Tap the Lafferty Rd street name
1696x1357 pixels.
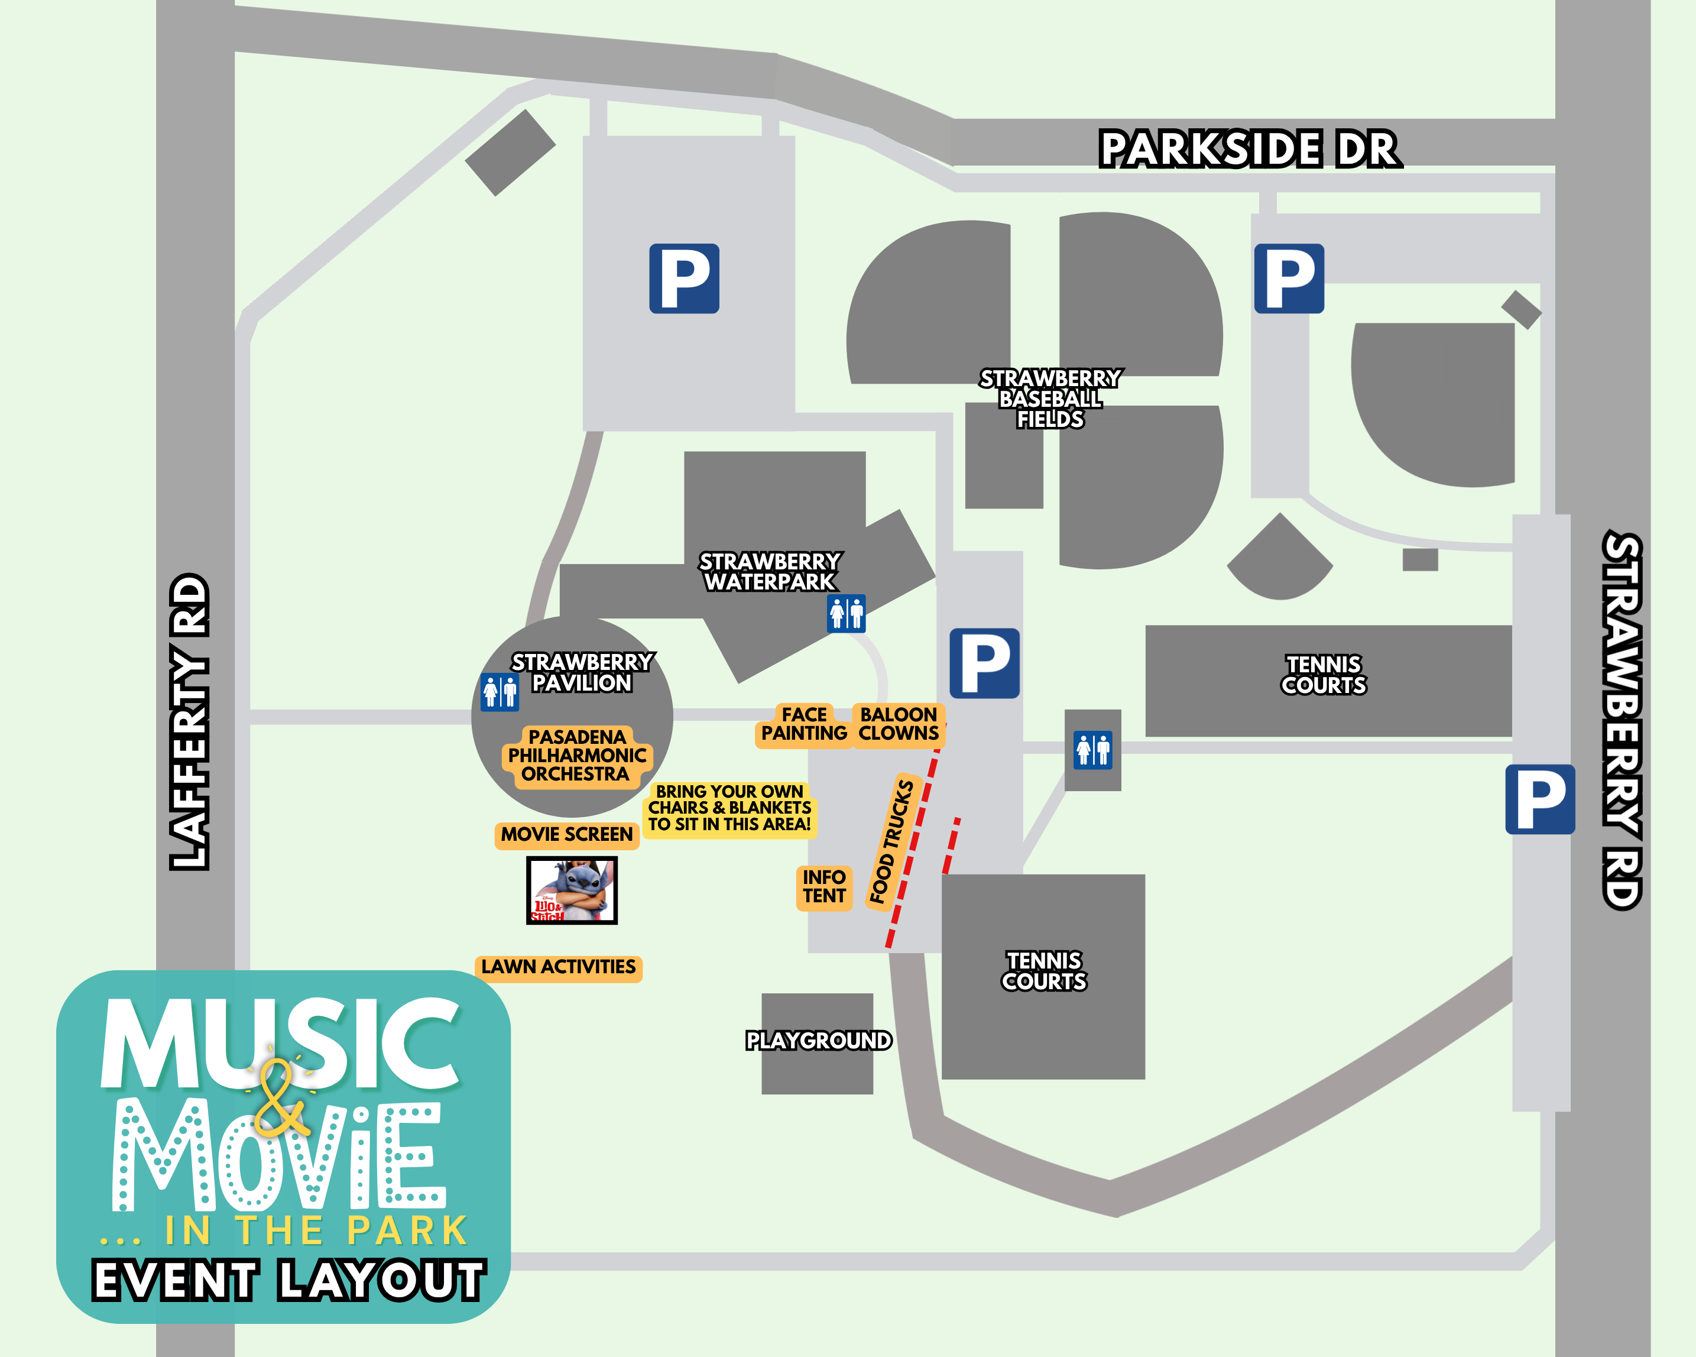coord(190,721)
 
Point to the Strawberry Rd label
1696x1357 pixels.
coord(1622,721)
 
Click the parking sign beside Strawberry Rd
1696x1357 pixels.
coord(1539,799)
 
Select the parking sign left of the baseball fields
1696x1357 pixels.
coord(683,278)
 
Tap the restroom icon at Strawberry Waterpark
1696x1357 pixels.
coord(846,614)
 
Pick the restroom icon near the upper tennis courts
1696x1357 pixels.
coord(1092,750)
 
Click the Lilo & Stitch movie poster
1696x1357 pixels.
coord(572,890)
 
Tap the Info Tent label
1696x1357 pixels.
coord(823,886)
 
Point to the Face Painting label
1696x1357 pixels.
coord(804,724)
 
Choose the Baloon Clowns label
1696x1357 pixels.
coord(899,724)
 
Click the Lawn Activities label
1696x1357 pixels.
coord(559,967)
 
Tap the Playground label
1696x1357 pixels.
coord(818,1041)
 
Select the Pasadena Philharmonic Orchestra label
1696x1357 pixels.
coord(576,755)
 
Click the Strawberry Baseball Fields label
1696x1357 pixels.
coord(1049,399)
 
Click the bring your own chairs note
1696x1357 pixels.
coord(729,808)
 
